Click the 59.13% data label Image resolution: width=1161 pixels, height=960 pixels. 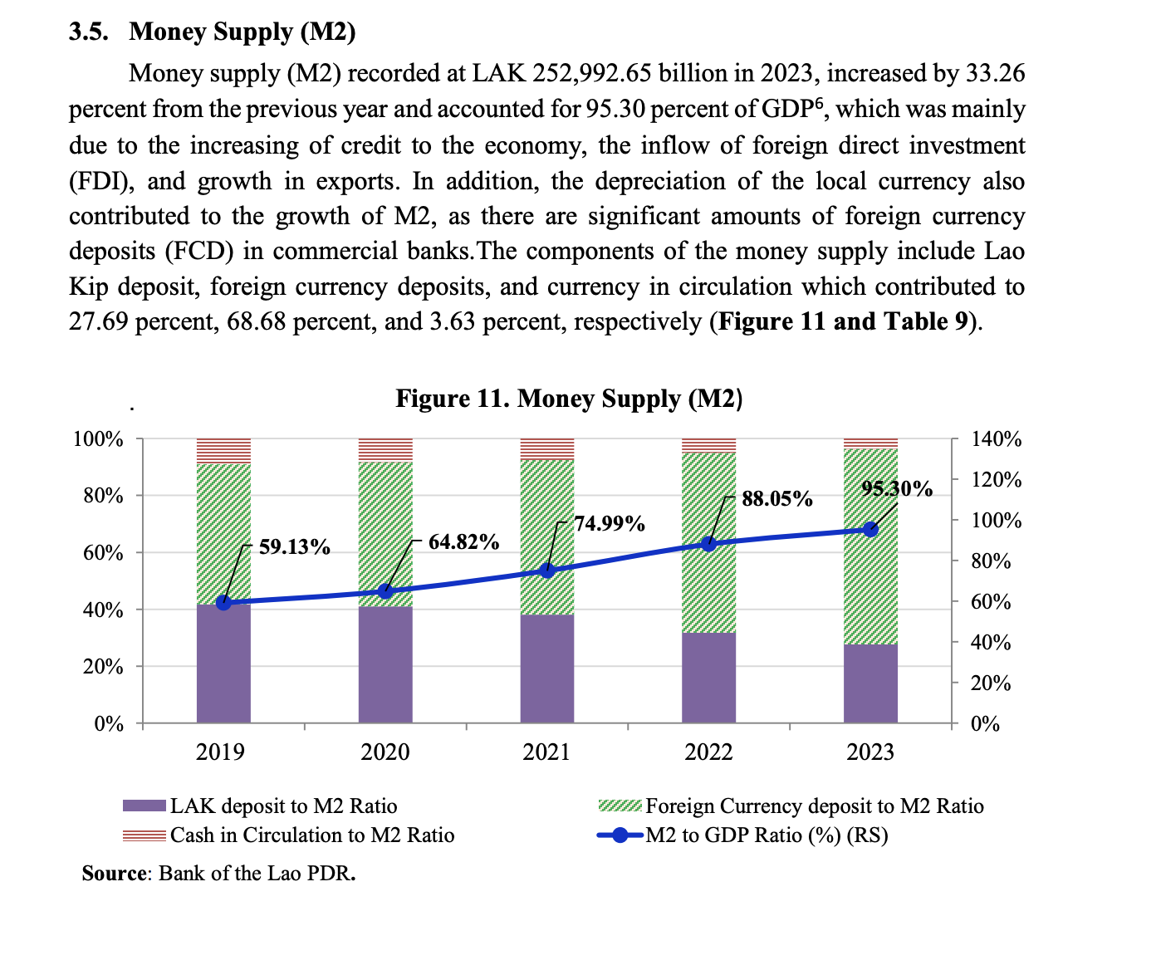(294, 547)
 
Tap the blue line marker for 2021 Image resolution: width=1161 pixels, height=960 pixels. (547, 571)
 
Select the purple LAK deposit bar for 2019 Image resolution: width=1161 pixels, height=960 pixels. (223, 664)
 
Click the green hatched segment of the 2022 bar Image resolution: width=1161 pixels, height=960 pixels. (708, 581)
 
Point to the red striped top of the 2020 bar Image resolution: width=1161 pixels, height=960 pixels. (385, 449)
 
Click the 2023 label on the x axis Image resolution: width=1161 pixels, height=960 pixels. (870, 752)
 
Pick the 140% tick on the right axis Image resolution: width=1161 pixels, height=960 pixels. (997, 439)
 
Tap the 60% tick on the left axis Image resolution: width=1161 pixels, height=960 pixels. (103, 553)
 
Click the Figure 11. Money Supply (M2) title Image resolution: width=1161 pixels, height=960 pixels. (569, 399)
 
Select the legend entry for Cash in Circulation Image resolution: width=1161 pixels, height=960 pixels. (311, 835)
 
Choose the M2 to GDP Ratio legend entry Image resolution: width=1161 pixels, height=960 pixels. (766, 835)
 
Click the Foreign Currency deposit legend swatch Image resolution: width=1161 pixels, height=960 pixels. (620, 806)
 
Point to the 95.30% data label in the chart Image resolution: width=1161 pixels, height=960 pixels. (897, 488)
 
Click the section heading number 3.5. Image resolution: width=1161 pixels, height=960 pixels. (87, 32)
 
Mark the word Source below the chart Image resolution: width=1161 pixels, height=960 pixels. (114, 874)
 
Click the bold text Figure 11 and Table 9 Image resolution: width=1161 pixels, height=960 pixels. (843, 321)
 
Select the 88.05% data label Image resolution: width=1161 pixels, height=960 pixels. (776, 499)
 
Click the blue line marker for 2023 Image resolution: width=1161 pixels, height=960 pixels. (870, 529)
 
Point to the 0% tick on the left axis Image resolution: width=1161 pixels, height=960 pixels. (109, 724)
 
